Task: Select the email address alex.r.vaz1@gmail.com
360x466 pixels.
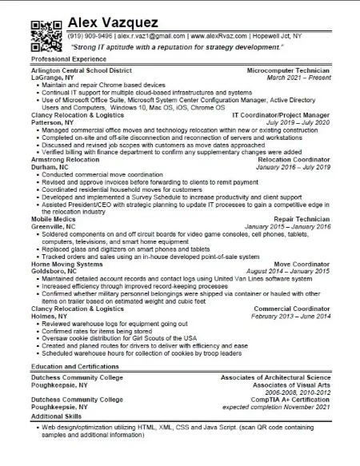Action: tap(151, 36)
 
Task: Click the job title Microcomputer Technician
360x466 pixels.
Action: tap(288, 70)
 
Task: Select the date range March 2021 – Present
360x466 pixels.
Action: tap(298, 78)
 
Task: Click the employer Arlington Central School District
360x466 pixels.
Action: tap(81, 70)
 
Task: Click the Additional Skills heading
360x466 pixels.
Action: tap(56, 416)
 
